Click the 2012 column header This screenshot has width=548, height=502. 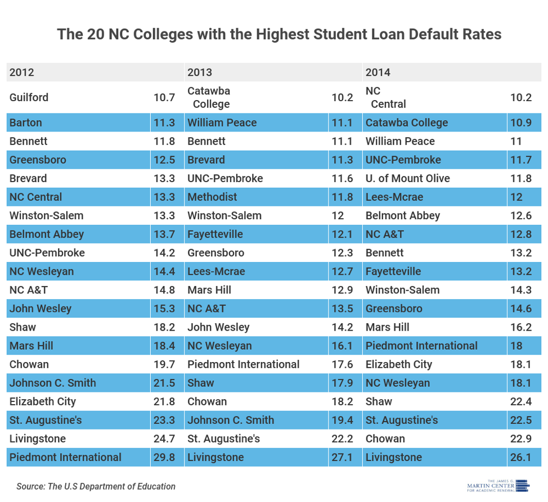(x=22, y=73)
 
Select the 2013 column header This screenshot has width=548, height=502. (x=200, y=73)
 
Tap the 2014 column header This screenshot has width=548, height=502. (x=378, y=73)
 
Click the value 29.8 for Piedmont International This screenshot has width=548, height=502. (x=164, y=457)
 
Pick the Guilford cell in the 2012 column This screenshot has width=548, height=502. (x=29, y=97)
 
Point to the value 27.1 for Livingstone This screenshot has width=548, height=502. (x=342, y=457)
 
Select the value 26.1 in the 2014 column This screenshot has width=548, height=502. (x=520, y=457)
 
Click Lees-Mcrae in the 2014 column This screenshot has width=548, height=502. (x=394, y=197)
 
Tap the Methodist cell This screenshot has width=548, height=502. (x=212, y=197)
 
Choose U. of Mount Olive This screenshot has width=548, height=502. (x=408, y=178)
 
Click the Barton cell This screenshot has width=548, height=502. (x=26, y=123)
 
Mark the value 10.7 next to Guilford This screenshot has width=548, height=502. (x=164, y=97)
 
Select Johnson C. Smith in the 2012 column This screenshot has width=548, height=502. (x=53, y=383)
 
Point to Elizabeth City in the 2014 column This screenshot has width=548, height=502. (x=399, y=364)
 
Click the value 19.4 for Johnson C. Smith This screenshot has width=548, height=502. (x=342, y=420)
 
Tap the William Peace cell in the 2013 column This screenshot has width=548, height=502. (x=222, y=123)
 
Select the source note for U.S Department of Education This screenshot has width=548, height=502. (x=96, y=486)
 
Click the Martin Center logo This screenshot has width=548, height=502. (x=498, y=486)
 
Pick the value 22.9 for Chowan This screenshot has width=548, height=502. (x=520, y=438)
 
